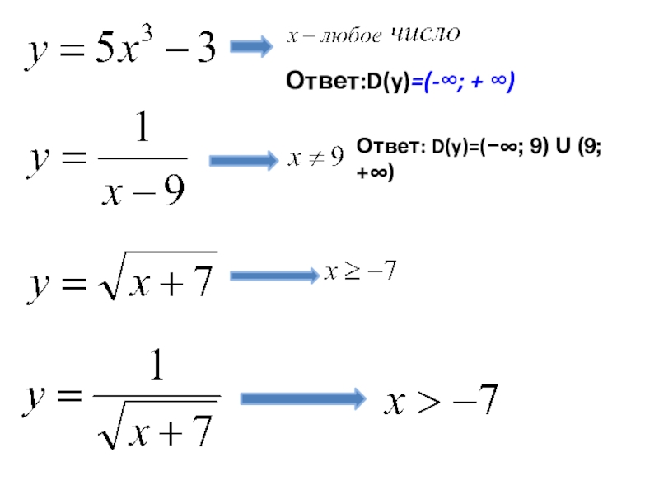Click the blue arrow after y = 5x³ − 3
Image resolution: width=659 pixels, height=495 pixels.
click(250, 48)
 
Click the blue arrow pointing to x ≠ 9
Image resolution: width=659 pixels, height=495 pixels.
click(243, 160)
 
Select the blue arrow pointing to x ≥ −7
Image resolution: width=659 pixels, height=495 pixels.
click(273, 276)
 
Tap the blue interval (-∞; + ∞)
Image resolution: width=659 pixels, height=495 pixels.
click(465, 81)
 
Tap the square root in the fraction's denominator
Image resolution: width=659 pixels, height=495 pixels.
click(157, 428)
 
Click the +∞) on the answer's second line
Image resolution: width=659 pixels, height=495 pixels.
click(375, 172)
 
